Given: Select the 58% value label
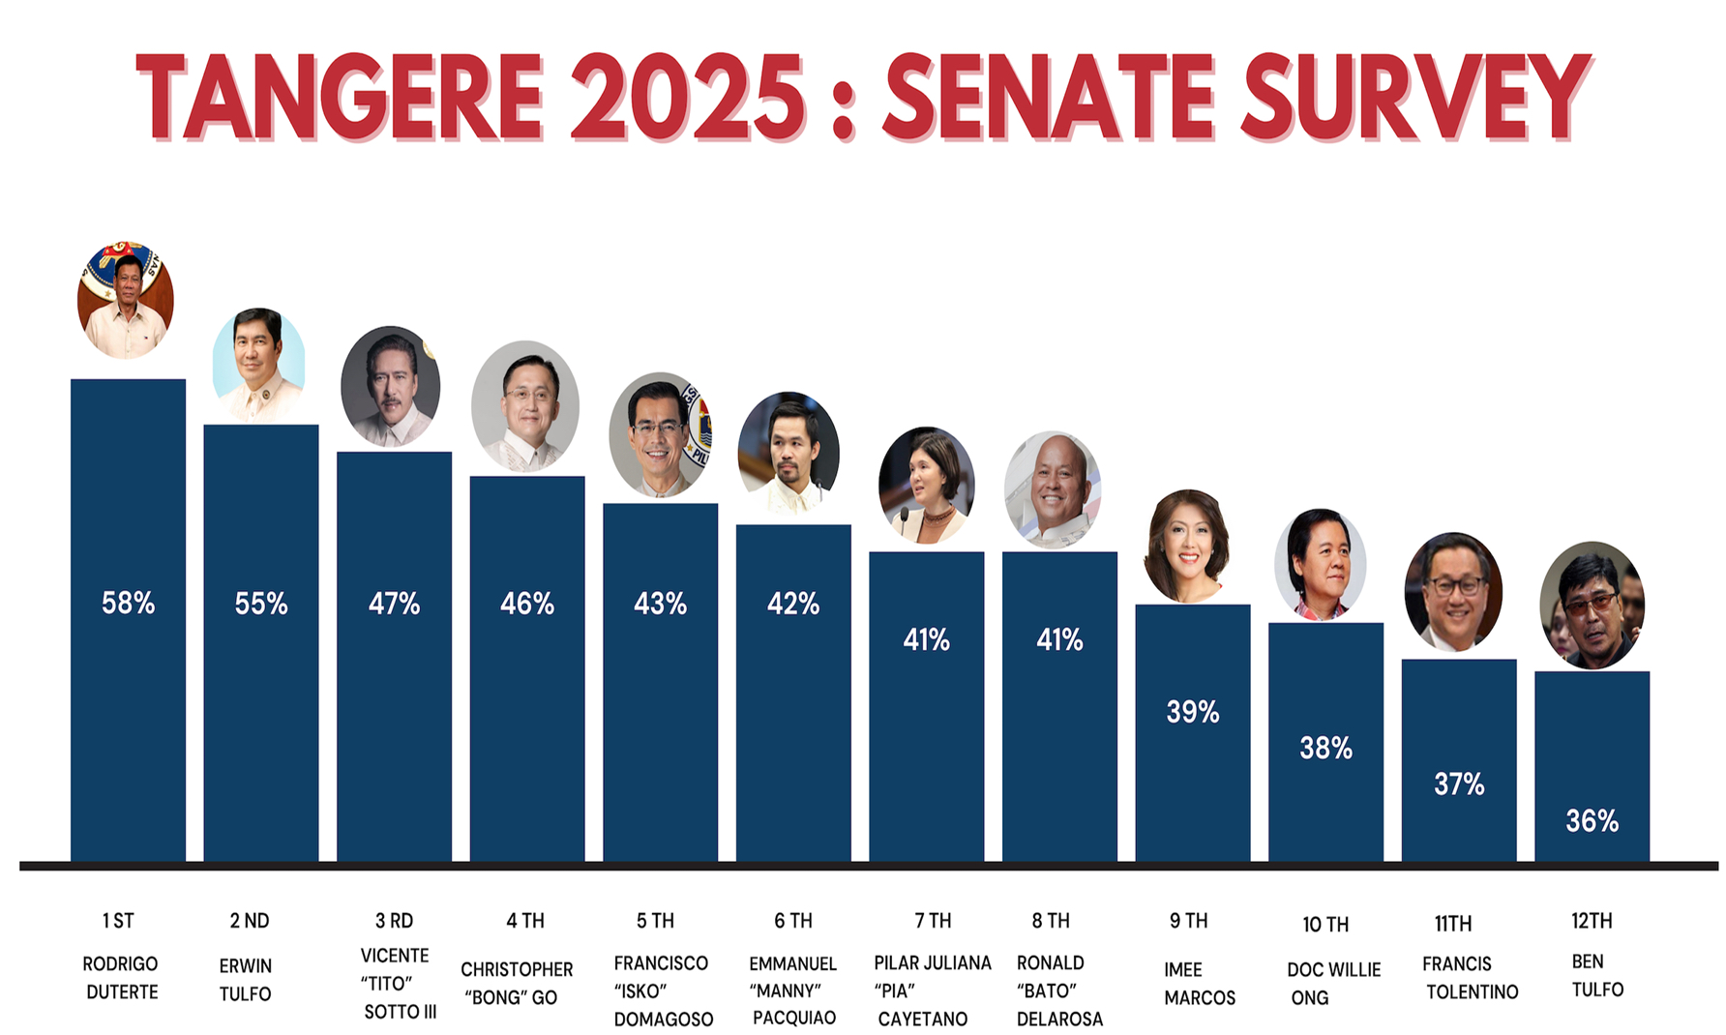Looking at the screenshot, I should tap(128, 604).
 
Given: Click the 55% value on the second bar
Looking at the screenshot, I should tap(261, 605).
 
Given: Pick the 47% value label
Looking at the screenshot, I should tap(394, 605).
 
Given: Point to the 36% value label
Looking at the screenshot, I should tap(1592, 821).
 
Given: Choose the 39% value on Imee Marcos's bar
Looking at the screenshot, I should tap(1192, 713).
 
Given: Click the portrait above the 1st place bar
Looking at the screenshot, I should tap(126, 300).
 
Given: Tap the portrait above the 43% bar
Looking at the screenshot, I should tap(661, 435).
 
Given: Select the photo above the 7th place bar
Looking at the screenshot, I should tap(926, 486).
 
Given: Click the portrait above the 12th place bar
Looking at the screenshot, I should tap(1592, 606).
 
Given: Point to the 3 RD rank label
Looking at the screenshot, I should tap(394, 921).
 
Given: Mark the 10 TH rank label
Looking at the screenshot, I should tap(1324, 925).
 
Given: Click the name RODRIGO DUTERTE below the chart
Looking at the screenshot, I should tap(121, 978).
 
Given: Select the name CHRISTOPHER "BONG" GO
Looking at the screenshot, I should tap(516, 983).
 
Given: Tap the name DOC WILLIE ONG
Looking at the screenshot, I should tap(1332, 983).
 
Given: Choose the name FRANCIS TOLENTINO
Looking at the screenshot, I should tap(1469, 978).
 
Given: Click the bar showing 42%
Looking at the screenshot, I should tap(793, 696).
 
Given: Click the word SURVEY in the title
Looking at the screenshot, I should tap(1415, 97).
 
